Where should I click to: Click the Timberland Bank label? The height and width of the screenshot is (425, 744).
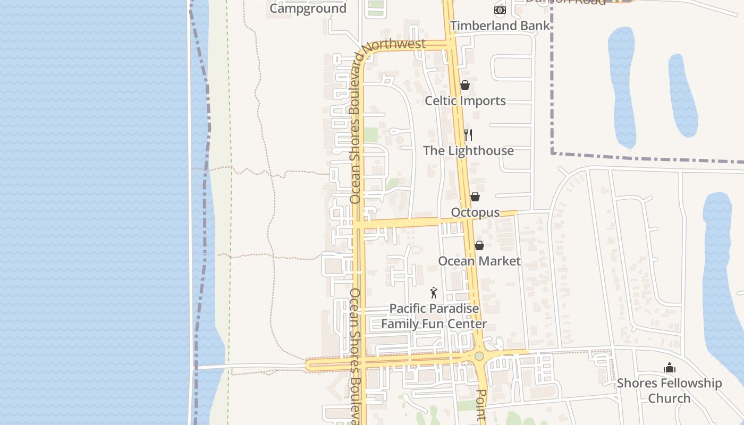pyautogui.click(x=500, y=25)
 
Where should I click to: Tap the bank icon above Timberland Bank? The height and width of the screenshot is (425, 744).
pyautogui.click(x=500, y=10)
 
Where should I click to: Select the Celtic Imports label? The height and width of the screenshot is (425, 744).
pyautogui.click(x=465, y=100)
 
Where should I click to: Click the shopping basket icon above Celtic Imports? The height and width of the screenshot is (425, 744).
pyautogui.click(x=464, y=85)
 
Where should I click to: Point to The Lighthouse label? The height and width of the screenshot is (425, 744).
pyautogui.click(x=468, y=150)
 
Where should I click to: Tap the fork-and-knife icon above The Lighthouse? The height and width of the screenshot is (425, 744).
pyautogui.click(x=468, y=135)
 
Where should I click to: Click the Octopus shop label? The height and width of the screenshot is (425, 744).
pyautogui.click(x=475, y=212)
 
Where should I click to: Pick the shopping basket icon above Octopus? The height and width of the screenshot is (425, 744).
pyautogui.click(x=475, y=197)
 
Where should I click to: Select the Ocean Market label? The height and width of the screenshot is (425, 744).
pyautogui.click(x=479, y=261)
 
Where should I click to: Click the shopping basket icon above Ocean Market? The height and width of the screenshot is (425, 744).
pyautogui.click(x=479, y=245)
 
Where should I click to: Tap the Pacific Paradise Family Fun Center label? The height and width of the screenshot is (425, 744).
pyautogui.click(x=434, y=316)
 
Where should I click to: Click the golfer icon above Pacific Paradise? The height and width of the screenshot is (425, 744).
pyautogui.click(x=434, y=293)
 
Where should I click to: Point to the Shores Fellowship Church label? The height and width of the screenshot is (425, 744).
pyautogui.click(x=669, y=390)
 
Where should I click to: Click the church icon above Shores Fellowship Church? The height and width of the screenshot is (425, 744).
pyautogui.click(x=670, y=368)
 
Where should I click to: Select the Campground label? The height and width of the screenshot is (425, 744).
pyautogui.click(x=308, y=8)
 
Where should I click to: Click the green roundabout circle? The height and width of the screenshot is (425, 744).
pyautogui.click(x=479, y=356)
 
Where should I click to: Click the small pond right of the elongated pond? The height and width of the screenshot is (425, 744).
pyautogui.click(x=682, y=96)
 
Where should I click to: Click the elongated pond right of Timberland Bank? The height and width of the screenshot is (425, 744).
pyautogui.click(x=622, y=88)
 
